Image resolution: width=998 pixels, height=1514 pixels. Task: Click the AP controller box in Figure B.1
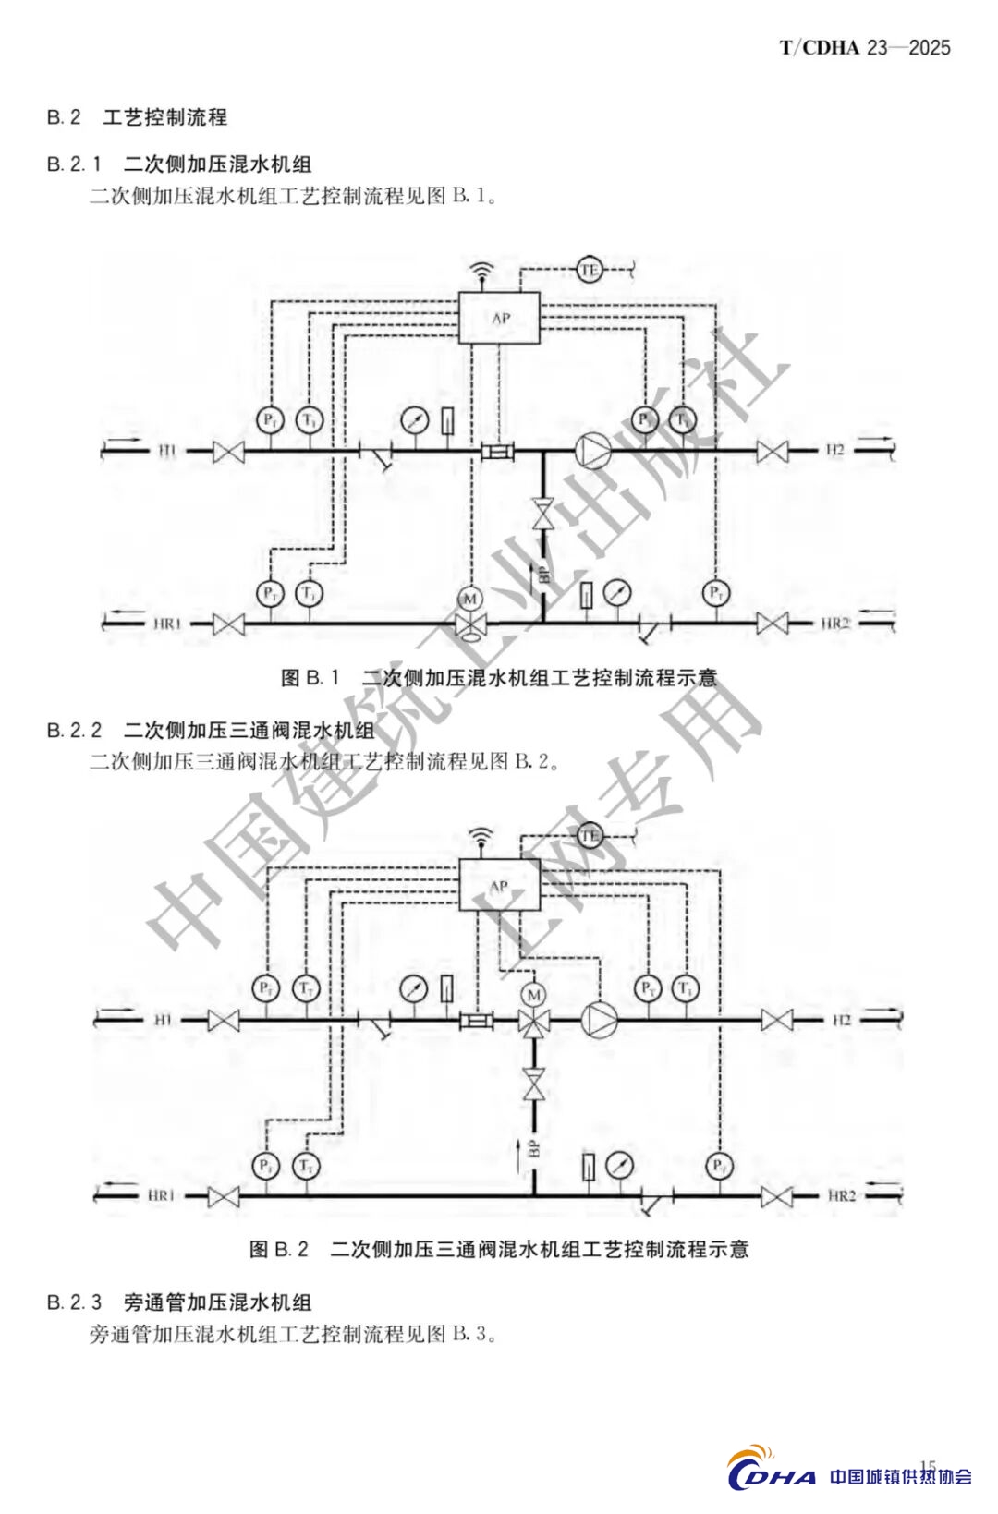pyautogui.click(x=499, y=318)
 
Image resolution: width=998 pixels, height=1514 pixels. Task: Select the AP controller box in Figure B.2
pyautogui.click(x=499, y=885)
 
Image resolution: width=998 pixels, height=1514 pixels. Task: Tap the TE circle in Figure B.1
pyautogui.click(x=590, y=270)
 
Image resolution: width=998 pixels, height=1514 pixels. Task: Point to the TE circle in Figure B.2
pyautogui.click(x=590, y=836)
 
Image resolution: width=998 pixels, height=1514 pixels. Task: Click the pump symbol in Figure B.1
pyautogui.click(x=592, y=451)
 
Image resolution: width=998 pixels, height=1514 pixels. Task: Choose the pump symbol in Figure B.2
pyautogui.click(x=598, y=1020)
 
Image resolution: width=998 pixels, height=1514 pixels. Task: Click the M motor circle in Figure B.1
pyautogui.click(x=470, y=599)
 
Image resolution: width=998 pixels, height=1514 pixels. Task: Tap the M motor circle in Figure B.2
pyautogui.click(x=533, y=995)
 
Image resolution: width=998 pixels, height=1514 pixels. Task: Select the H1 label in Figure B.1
pyautogui.click(x=167, y=451)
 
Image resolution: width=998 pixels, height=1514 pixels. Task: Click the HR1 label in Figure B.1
pyautogui.click(x=167, y=624)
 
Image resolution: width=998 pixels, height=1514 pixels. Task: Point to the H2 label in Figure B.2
pyautogui.click(x=841, y=1020)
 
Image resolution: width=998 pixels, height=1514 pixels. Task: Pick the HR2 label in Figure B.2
pyautogui.click(x=842, y=1195)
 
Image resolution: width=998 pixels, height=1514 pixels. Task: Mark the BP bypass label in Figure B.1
pyautogui.click(x=544, y=575)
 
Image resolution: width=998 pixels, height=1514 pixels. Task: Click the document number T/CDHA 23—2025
pyautogui.click(x=865, y=48)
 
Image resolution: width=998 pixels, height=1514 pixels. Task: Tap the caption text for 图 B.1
pyautogui.click(x=499, y=678)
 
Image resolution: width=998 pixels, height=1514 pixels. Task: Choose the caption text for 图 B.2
pyautogui.click(x=499, y=1250)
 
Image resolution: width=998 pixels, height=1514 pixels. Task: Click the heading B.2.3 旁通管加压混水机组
pyautogui.click(x=179, y=1302)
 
